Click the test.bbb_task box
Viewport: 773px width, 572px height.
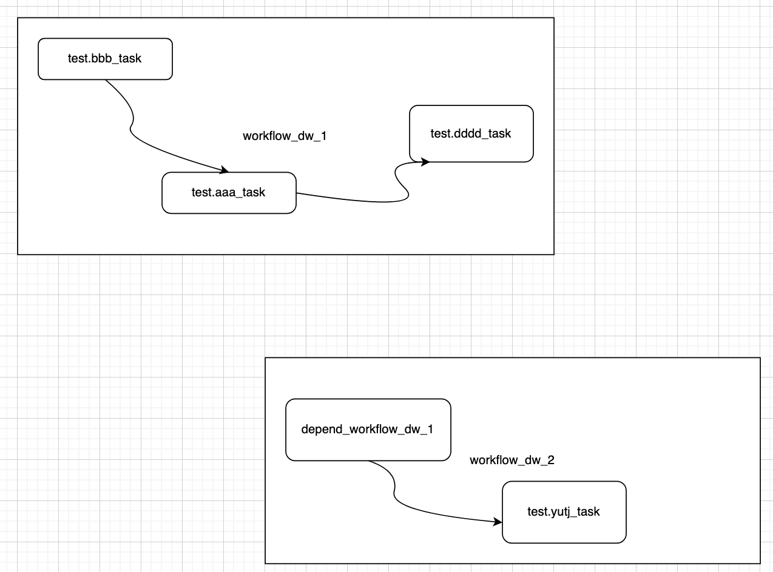pyautogui.click(x=105, y=59)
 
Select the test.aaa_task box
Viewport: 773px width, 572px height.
pyautogui.click(x=229, y=193)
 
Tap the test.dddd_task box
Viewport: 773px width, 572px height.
pyautogui.click(x=471, y=134)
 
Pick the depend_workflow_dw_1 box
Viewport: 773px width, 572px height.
pyautogui.click(x=368, y=430)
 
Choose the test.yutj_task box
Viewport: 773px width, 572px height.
pyautogui.click(x=564, y=512)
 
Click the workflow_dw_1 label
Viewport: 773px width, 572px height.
pyautogui.click(x=285, y=136)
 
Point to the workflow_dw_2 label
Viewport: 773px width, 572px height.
pyautogui.click(x=511, y=461)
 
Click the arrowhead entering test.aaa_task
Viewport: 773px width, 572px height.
pyautogui.click(x=224, y=170)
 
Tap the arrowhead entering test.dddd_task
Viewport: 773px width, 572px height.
pyautogui.click(x=425, y=162)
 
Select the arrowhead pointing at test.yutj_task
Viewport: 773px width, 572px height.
pyautogui.click(x=498, y=522)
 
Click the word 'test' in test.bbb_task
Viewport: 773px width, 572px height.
pyautogui.click(x=77, y=59)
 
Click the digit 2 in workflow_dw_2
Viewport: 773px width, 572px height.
pyautogui.click(x=551, y=461)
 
